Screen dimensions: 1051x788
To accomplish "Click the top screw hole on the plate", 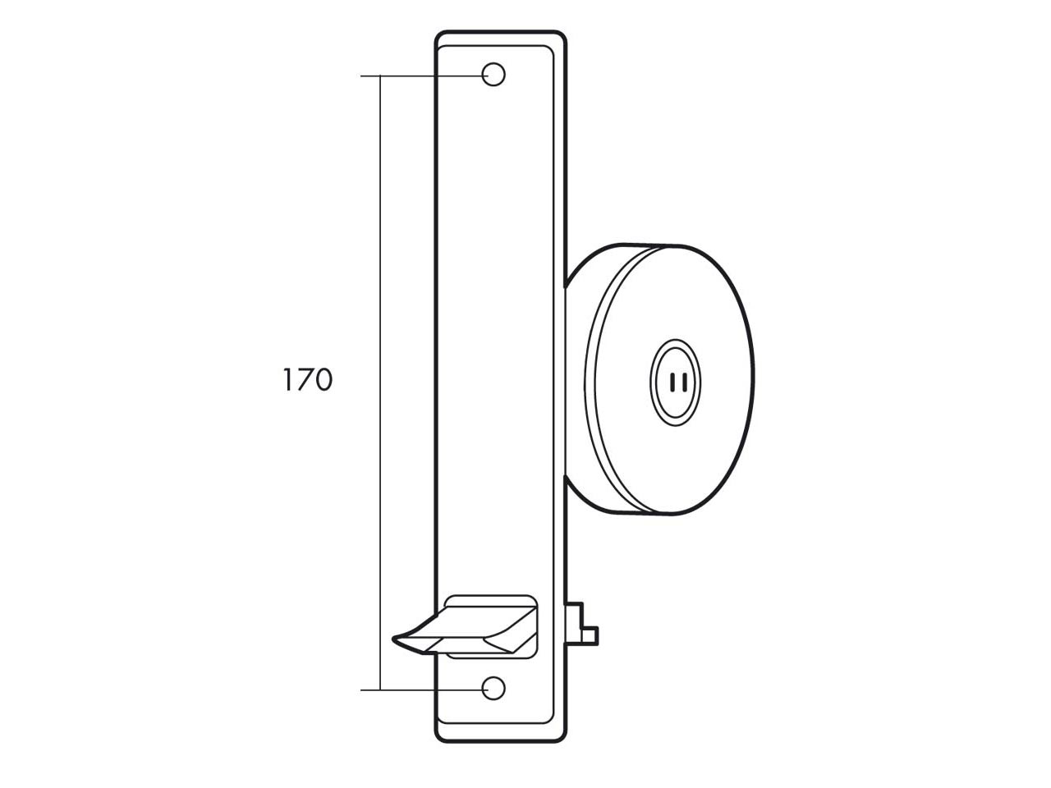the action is [493, 75].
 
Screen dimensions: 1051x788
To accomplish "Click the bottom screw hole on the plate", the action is [493, 689].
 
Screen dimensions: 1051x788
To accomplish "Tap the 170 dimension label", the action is [307, 380].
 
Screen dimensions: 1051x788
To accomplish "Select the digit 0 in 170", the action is [322, 380].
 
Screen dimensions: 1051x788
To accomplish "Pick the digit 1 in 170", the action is [287, 380].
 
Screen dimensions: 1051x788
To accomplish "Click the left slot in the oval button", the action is [672, 383].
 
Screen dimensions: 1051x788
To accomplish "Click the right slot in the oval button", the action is [685, 383].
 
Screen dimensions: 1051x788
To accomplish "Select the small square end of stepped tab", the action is [590, 635].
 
